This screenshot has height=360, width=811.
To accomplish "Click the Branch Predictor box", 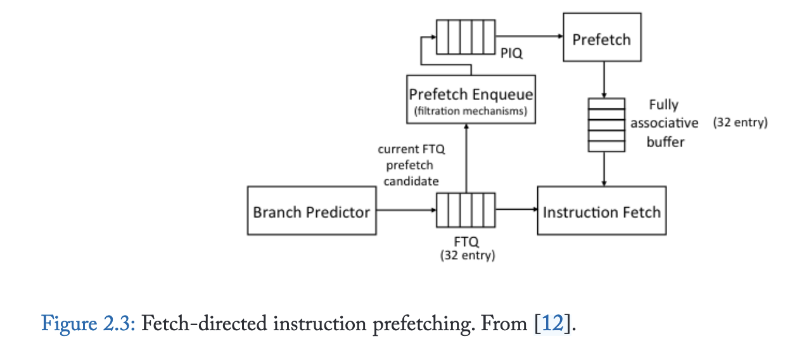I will (x=311, y=211).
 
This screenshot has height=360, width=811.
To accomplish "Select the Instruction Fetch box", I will (x=601, y=211).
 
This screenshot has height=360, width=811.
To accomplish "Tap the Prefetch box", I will (x=601, y=39).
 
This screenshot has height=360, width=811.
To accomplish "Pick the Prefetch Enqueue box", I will (x=471, y=99).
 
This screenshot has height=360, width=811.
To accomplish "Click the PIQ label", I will (x=511, y=54).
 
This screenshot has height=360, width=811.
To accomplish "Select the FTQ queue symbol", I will (x=465, y=210).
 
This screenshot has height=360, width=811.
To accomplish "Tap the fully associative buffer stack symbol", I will (x=606, y=125).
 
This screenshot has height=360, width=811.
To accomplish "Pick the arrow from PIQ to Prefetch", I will (x=529, y=37).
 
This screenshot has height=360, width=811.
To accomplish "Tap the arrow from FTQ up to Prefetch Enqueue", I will (x=466, y=158).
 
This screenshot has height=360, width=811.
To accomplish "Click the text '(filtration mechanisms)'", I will (x=471, y=111).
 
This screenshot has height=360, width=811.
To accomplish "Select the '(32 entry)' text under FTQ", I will (x=467, y=255).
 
